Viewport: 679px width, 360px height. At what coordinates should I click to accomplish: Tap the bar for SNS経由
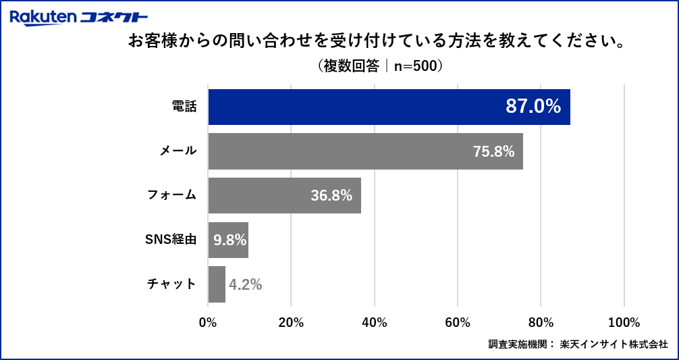tap(228, 240)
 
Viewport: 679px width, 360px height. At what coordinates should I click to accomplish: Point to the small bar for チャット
tap(217, 284)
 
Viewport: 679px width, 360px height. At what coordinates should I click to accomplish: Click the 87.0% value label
tap(533, 106)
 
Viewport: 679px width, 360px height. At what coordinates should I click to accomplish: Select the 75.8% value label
tap(493, 151)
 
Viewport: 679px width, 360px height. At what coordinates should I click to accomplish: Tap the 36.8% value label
tap(331, 196)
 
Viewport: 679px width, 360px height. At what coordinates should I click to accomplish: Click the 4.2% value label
tap(245, 284)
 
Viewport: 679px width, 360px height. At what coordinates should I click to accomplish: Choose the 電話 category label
tap(184, 107)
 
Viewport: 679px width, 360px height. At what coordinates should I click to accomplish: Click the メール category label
tap(178, 151)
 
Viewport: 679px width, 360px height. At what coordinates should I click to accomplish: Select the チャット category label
tap(172, 284)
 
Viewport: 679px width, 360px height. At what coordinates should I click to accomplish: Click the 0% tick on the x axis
tap(208, 322)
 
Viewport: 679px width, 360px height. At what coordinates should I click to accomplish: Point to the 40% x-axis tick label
tap(375, 322)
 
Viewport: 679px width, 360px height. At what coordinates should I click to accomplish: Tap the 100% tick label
tap(624, 322)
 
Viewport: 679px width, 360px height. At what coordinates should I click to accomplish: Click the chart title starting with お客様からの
tap(375, 42)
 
